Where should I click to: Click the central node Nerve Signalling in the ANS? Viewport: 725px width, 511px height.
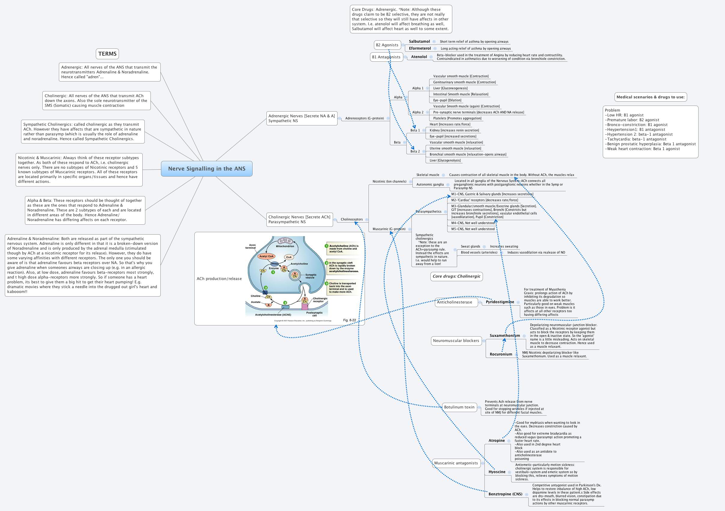point(207,168)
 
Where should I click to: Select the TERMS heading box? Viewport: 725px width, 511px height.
point(107,54)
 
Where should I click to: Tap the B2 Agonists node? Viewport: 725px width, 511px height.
point(387,45)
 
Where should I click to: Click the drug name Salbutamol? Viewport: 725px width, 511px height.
point(419,42)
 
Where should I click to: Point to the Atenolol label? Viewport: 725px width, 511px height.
point(419,57)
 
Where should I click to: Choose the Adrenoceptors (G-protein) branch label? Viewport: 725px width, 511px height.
point(364,118)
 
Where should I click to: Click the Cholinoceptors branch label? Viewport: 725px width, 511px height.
point(351,219)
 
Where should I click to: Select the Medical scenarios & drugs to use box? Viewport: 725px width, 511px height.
point(651,97)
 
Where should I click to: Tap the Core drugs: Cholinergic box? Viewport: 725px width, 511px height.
point(456,276)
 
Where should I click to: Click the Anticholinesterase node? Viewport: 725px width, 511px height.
point(454,302)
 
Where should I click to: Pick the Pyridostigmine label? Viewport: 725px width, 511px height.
point(500,302)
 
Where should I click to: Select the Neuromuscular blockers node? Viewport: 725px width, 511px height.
point(456,341)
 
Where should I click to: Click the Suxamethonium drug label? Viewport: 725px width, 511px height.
point(505,336)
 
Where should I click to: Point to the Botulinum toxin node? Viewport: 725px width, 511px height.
point(459,407)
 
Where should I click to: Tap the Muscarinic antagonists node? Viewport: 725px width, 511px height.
point(456,463)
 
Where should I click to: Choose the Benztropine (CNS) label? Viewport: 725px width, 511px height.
point(505,494)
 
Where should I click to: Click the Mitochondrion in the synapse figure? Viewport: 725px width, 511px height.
point(285,241)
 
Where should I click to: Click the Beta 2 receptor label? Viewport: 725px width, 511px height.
point(415,152)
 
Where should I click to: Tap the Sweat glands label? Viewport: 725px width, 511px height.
point(470,247)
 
